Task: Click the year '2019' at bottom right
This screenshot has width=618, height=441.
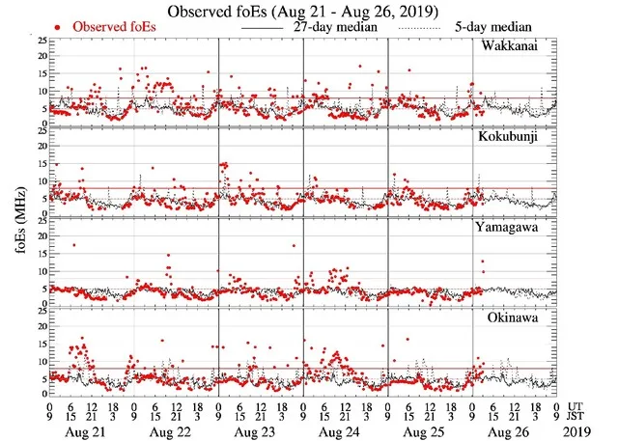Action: click(x=579, y=430)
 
